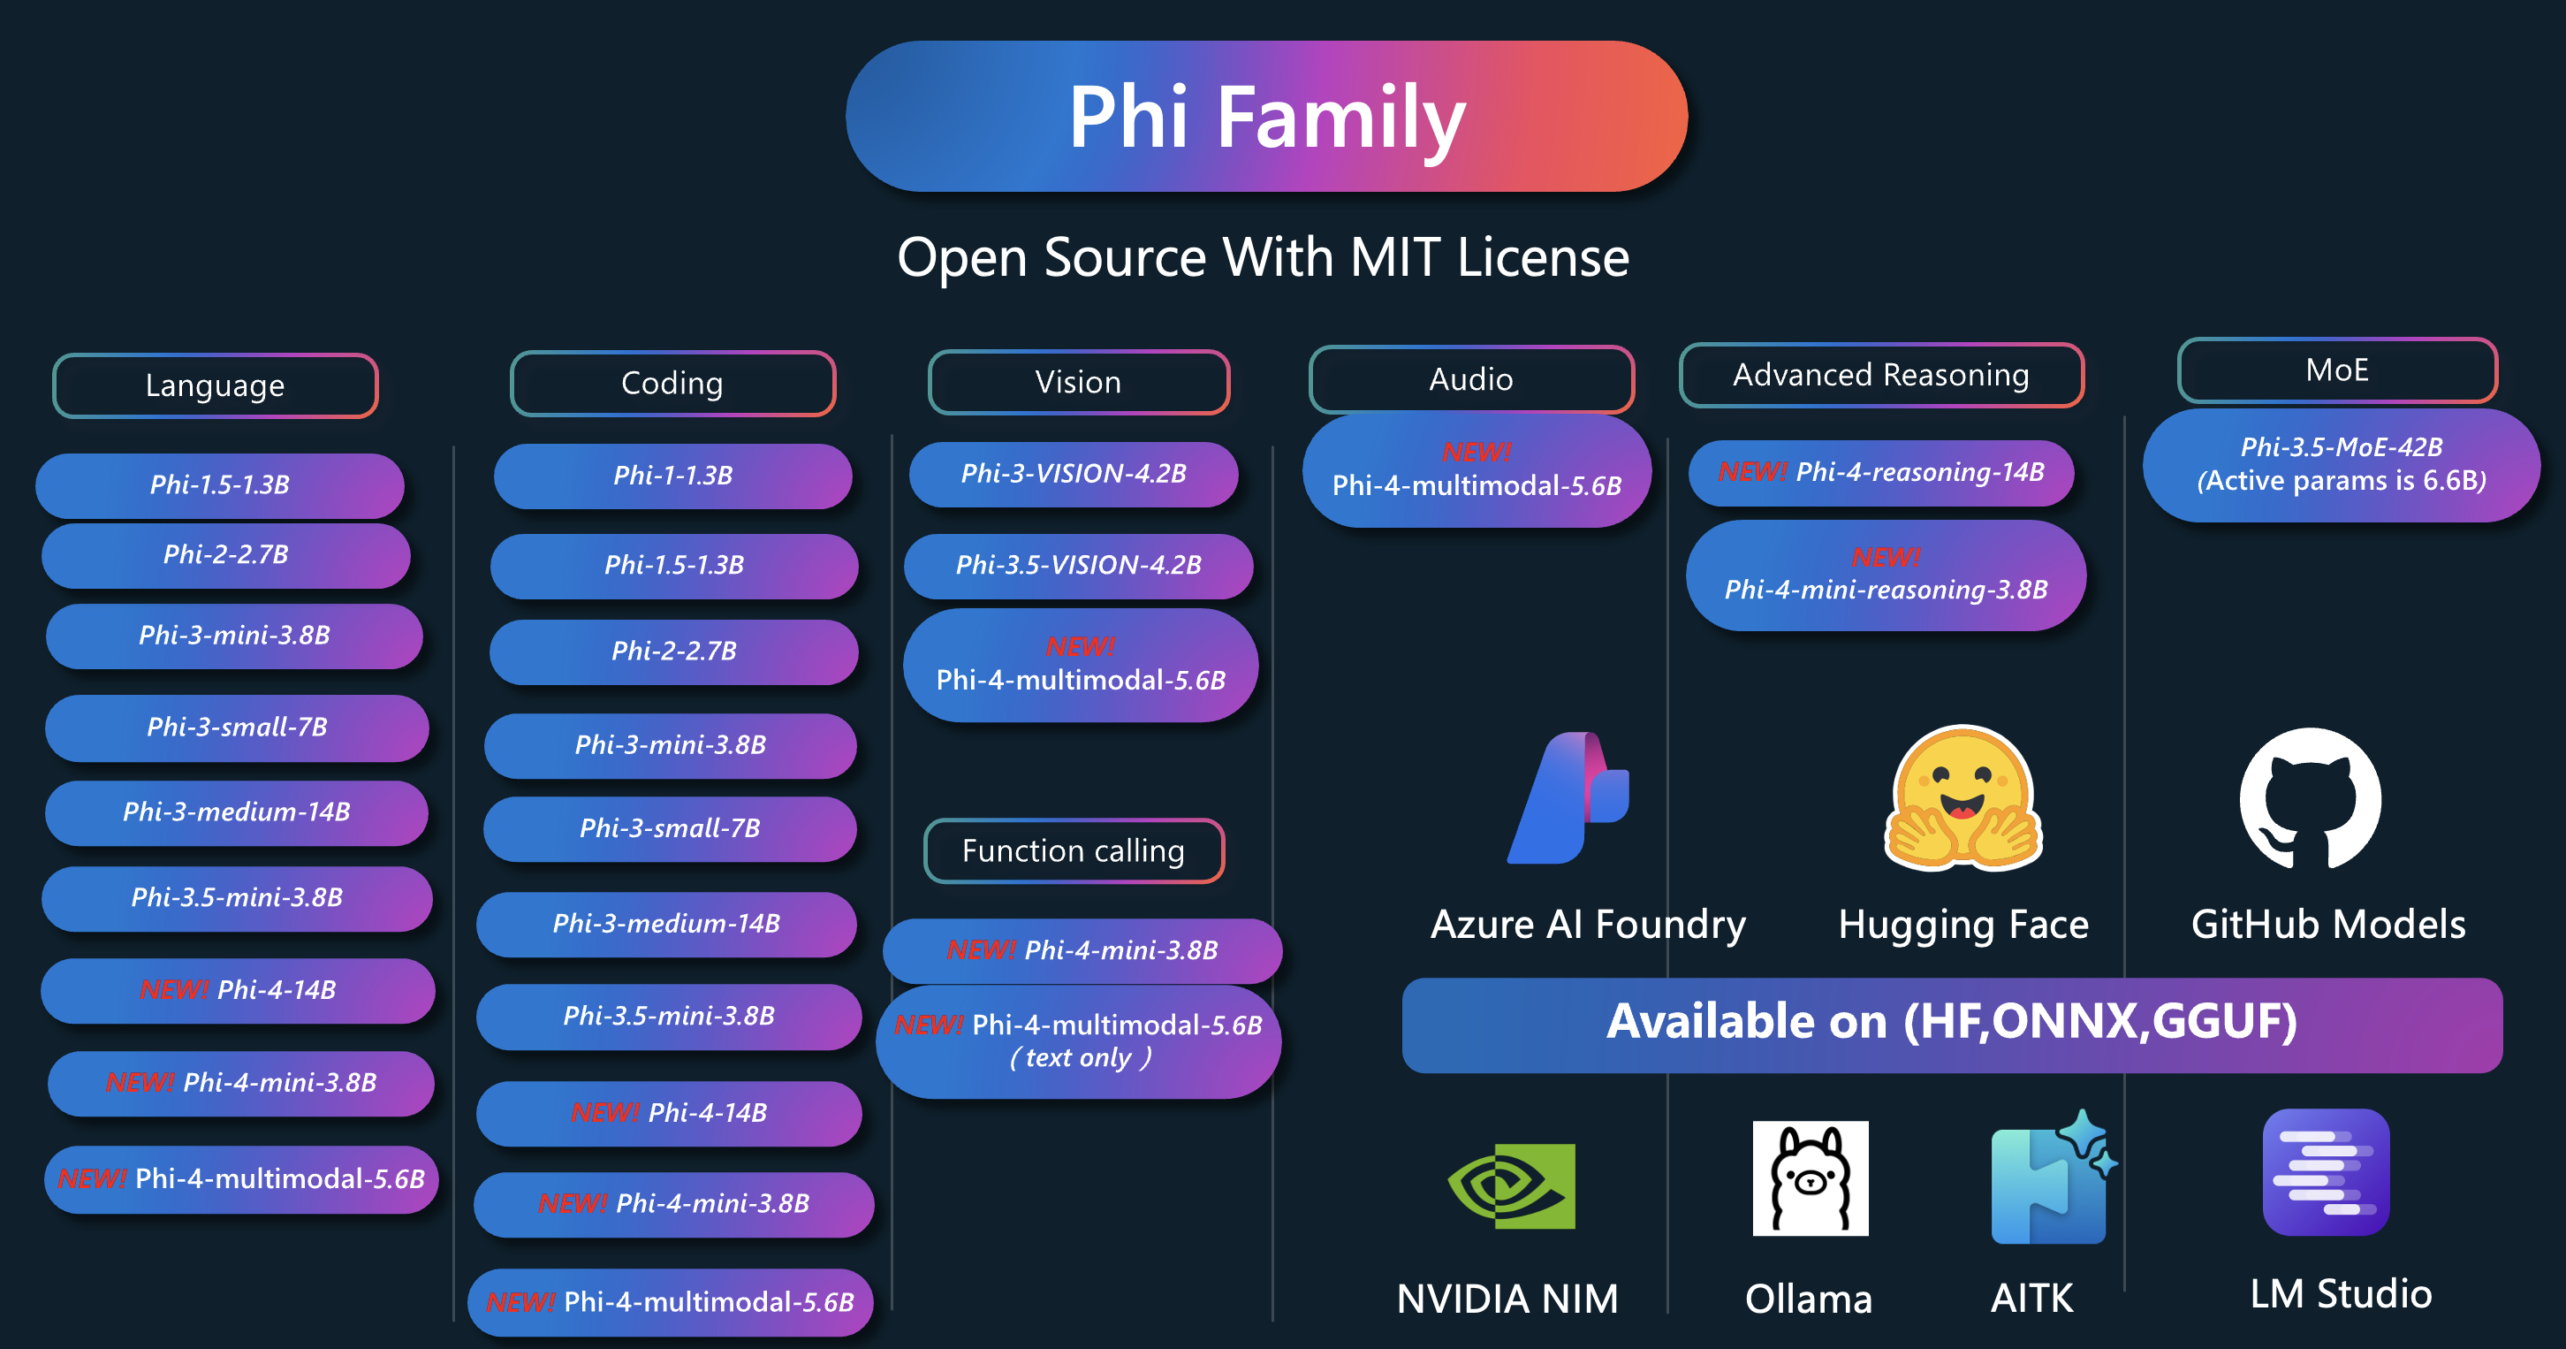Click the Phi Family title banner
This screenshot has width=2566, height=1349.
point(1266,117)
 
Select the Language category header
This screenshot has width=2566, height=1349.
point(216,385)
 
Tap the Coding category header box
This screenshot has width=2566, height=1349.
point(672,384)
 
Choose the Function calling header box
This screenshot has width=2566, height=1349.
point(1074,850)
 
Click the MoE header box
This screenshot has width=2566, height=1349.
point(2337,370)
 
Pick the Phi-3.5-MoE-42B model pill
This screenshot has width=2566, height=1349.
point(2341,464)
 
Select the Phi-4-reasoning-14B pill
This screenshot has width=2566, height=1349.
point(1880,472)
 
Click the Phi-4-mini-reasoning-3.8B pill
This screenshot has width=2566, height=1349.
point(1886,575)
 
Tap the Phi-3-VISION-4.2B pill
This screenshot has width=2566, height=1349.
point(1074,474)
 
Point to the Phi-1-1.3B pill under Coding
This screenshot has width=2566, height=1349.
point(673,476)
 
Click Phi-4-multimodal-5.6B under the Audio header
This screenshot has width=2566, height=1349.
point(1477,470)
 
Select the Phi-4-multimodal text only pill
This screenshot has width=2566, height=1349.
point(1080,1041)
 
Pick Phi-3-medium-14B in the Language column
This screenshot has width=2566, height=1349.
point(237,813)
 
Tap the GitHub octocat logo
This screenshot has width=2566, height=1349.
point(2310,798)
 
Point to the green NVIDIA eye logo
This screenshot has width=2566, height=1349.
point(1511,1185)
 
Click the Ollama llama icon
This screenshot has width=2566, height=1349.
point(1810,1178)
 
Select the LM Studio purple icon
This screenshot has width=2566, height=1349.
point(2326,1173)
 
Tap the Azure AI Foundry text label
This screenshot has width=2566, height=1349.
point(1588,925)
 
